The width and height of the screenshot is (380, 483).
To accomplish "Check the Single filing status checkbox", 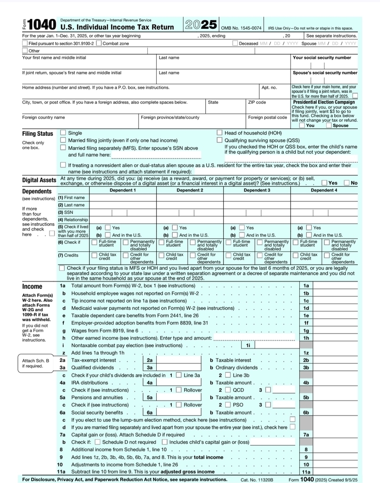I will coord(63,133).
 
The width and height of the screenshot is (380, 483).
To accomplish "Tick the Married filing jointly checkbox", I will coord(63,141).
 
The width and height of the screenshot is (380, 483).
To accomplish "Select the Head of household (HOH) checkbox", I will coord(220,133).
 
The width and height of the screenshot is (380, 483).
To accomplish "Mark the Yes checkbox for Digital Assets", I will coord(325,183).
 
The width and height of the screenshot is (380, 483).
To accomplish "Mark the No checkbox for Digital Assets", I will coord(347,183).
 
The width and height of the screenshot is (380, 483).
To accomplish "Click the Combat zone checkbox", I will coord(99,43).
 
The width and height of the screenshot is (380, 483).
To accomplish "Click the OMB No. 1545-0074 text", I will coord(241,28).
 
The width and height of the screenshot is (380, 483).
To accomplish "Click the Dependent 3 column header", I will coord(257,191).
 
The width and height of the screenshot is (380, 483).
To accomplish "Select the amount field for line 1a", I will coord(336,286).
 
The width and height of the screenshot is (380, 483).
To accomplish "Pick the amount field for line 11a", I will coord(336,471).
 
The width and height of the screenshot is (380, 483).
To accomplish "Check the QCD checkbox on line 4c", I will coord(228,390).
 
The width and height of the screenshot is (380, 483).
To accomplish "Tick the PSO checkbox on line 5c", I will coord(228,405).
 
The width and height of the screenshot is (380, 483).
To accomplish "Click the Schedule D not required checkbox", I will coord(97,442).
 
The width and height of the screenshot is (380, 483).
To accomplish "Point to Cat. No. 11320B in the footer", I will coord(257,479).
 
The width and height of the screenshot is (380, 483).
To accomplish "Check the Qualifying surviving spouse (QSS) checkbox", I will coord(220,141).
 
